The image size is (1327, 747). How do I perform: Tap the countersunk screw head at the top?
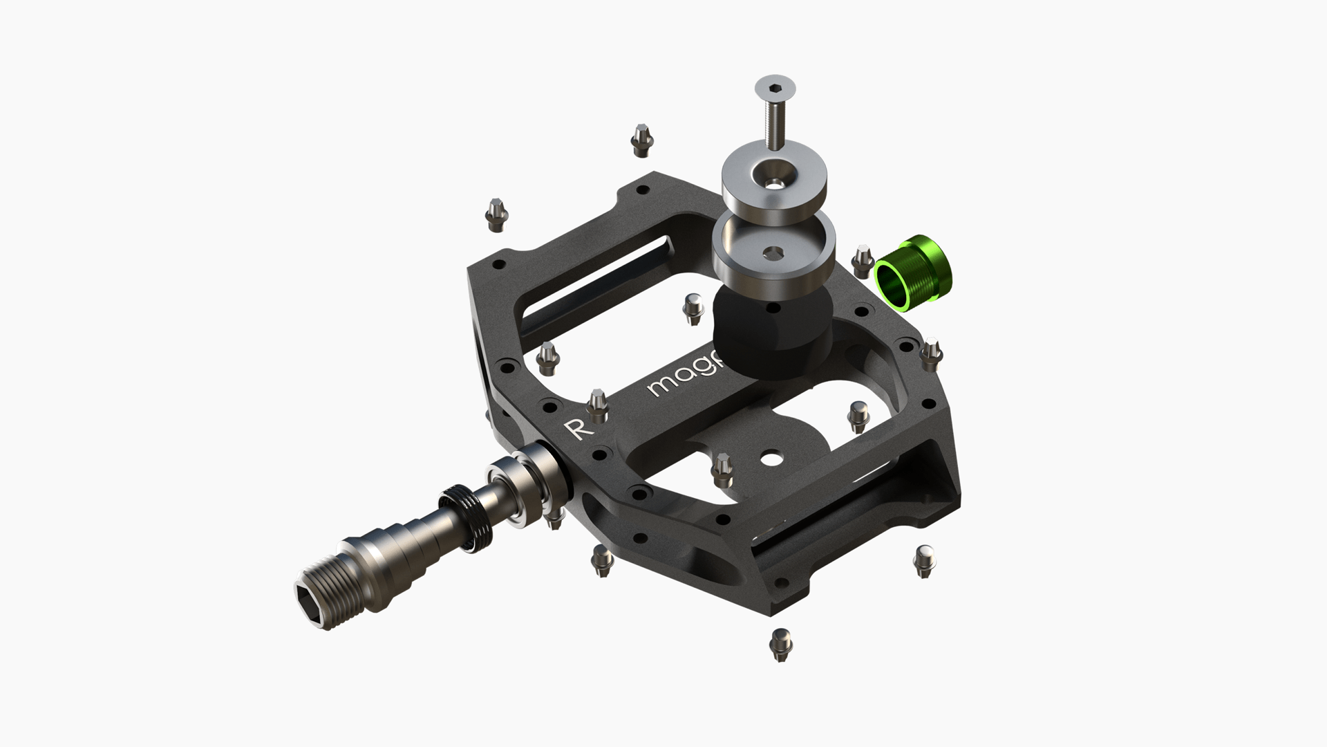pos(773,89)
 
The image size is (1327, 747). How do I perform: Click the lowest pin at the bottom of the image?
pos(780,645)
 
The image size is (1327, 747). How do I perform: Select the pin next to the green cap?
pos(862,261)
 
